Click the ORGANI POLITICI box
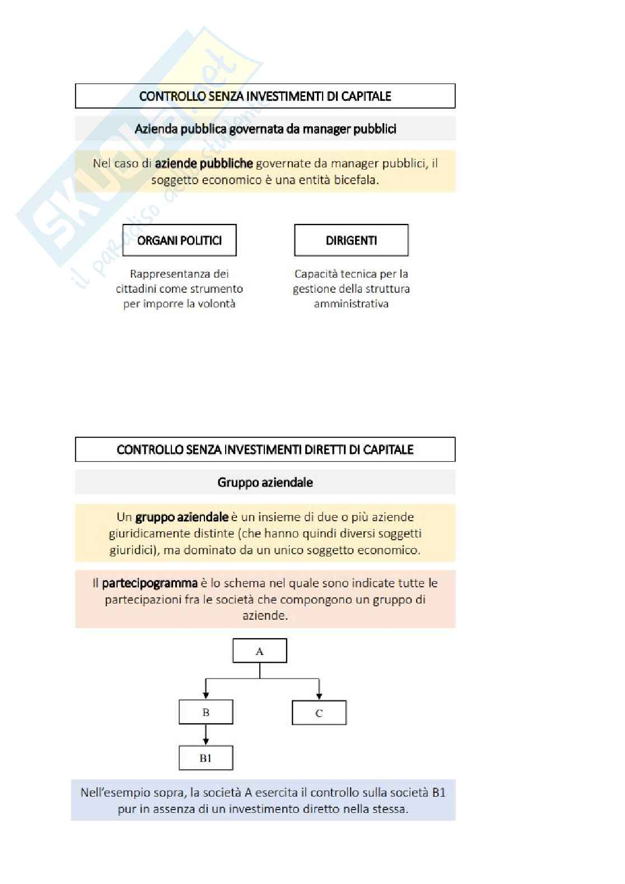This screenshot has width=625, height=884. (x=179, y=240)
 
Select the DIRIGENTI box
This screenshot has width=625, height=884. (x=351, y=240)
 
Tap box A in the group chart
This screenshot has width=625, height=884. (x=260, y=651)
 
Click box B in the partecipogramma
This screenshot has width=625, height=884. (x=206, y=713)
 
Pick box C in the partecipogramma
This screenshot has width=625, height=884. (x=319, y=713)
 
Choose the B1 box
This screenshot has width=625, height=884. (x=206, y=758)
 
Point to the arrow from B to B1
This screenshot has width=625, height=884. (x=206, y=735)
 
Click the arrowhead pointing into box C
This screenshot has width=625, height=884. (x=319, y=696)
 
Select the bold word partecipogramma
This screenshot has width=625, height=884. (x=150, y=583)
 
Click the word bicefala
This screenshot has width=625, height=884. (x=356, y=180)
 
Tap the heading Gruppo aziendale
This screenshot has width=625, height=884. (x=265, y=483)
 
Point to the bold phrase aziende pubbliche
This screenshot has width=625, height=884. (x=204, y=163)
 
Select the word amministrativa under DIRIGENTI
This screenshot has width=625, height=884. (x=351, y=303)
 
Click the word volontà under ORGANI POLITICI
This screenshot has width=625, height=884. (x=216, y=303)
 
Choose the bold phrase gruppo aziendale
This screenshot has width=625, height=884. (x=181, y=517)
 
